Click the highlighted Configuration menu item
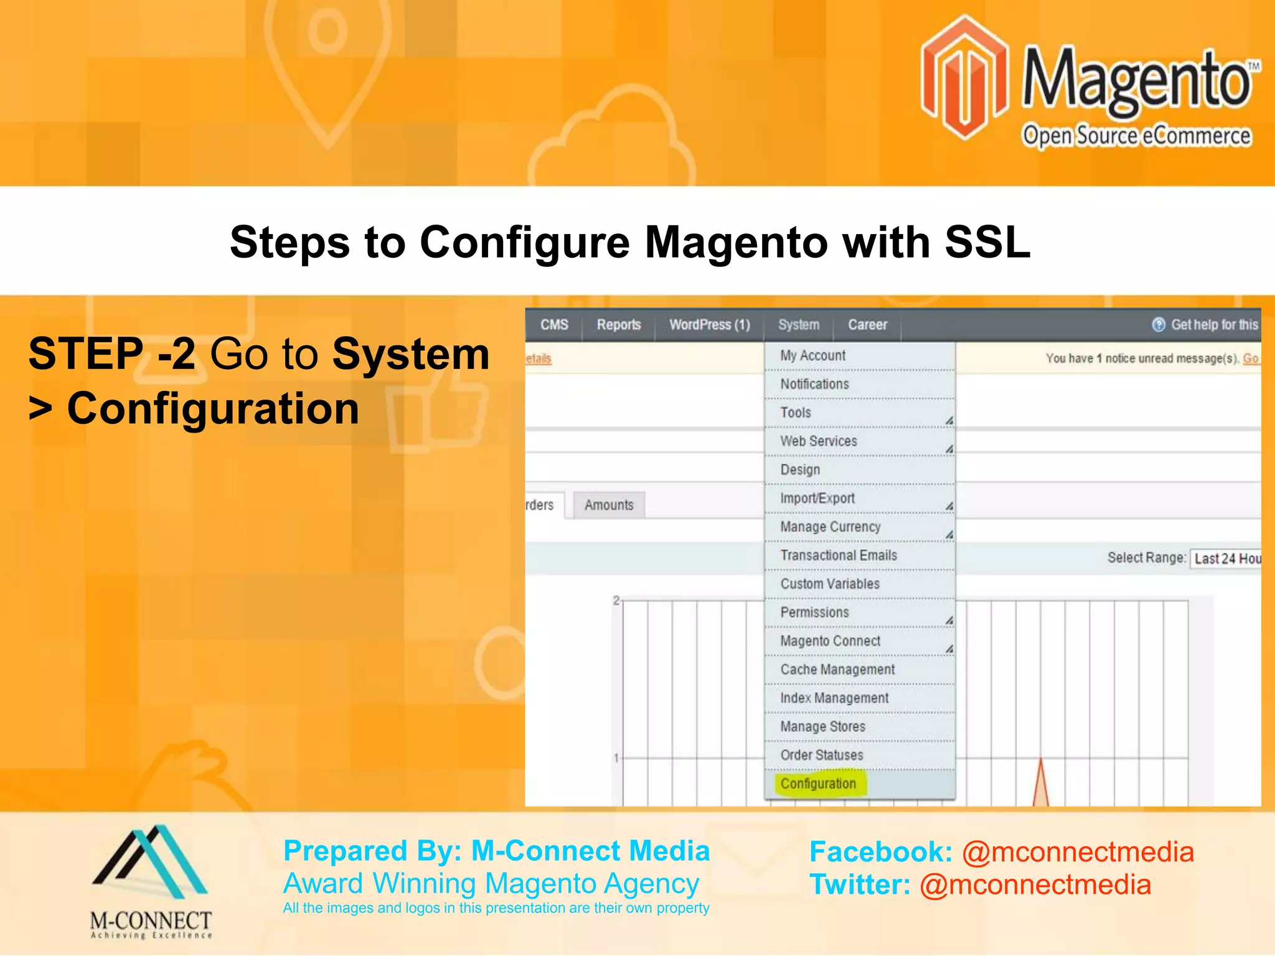[818, 784]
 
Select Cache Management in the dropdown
[837, 670]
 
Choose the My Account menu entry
[813, 355]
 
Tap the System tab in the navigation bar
[799, 325]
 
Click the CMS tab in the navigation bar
[554, 325]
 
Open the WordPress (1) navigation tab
[709, 325]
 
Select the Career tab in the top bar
[867, 325]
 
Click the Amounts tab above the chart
[609, 505]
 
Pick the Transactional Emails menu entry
[839, 555]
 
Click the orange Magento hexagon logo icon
[964, 78]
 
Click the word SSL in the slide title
[987, 242]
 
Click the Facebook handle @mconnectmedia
[1078, 852]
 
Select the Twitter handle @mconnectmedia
[1035, 885]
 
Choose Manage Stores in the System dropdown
[822, 726]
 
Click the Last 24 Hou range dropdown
[1226, 558]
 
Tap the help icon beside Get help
[1158, 325]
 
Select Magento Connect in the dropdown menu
[830, 641]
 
